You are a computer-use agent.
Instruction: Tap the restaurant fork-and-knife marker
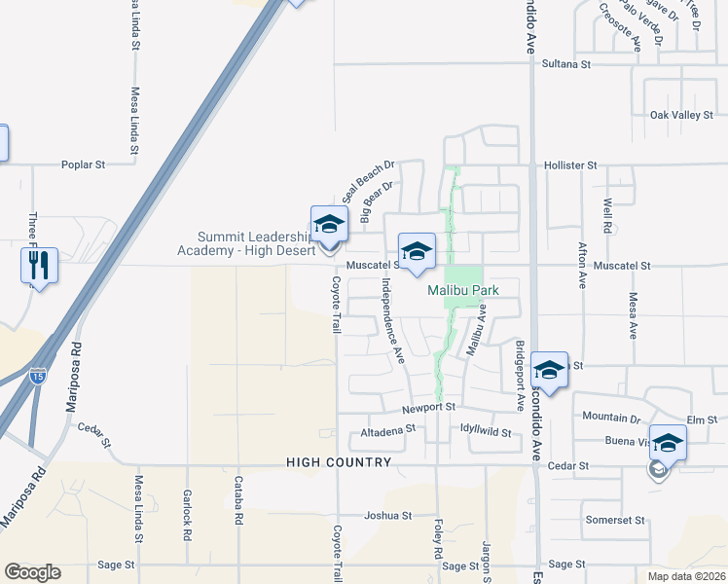[x=39, y=266]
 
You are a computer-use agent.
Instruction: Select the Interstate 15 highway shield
[x=37, y=374]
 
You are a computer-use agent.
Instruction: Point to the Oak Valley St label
[x=681, y=115]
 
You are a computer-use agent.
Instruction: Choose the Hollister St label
[x=570, y=165]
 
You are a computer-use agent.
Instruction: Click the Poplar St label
[x=83, y=165]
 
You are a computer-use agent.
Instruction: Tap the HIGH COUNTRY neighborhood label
[x=339, y=463]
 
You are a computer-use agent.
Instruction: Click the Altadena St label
[x=388, y=427]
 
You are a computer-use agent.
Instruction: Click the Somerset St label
[x=615, y=520]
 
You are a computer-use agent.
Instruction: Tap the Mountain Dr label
[x=611, y=417]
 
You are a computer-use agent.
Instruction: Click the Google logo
[x=32, y=572]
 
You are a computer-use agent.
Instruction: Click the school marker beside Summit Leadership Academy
[x=329, y=225]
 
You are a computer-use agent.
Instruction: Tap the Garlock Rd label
[x=187, y=507]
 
